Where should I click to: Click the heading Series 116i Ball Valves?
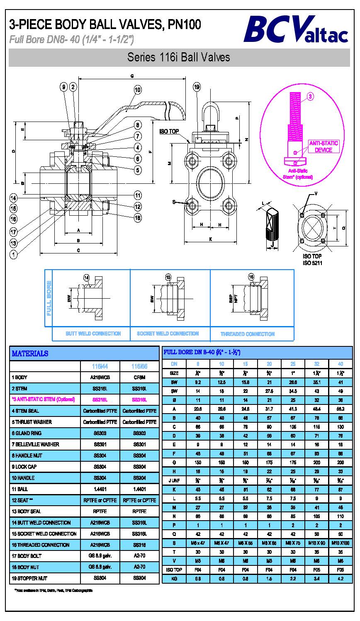(x=179, y=57)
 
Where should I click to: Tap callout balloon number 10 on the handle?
(x=138, y=90)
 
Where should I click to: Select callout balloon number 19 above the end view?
(x=197, y=87)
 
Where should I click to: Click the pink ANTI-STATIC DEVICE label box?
(x=324, y=146)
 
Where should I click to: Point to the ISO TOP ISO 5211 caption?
(x=312, y=260)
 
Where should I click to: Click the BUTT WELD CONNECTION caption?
(x=93, y=334)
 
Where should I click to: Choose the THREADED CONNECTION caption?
(x=247, y=334)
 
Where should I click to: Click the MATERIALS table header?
(x=30, y=353)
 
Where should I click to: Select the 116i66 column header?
(x=139, y=367)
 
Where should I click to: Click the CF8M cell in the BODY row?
(x=139, y=377)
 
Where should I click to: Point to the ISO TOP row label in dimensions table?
(x=175, y=570)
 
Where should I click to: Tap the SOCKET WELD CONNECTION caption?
(x=168, y=334)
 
